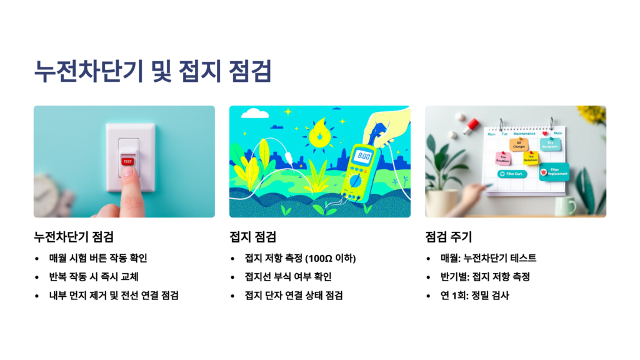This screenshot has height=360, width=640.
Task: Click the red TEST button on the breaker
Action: click(x=127, y=161)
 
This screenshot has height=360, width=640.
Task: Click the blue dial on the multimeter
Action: click(x=356, y=181)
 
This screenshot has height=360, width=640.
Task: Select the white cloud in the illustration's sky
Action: click(x=254, y=114)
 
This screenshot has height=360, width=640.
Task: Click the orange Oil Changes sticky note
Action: click(x=519, y=145)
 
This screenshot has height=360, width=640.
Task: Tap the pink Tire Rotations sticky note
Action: click(x=503, y=159)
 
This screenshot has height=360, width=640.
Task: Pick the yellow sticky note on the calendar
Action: click(x=531, y=158)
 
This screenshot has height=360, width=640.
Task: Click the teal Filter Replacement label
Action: click(x=554, y=171)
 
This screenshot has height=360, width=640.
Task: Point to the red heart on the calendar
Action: click(x=545, y=134)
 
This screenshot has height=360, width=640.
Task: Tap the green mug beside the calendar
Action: click(x=564, y=206)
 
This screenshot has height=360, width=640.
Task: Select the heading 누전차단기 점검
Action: click(x=73, y=237)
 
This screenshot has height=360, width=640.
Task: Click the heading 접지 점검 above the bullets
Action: click(x=252, y=237)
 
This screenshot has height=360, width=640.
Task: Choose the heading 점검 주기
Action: click(x=448, y=237)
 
